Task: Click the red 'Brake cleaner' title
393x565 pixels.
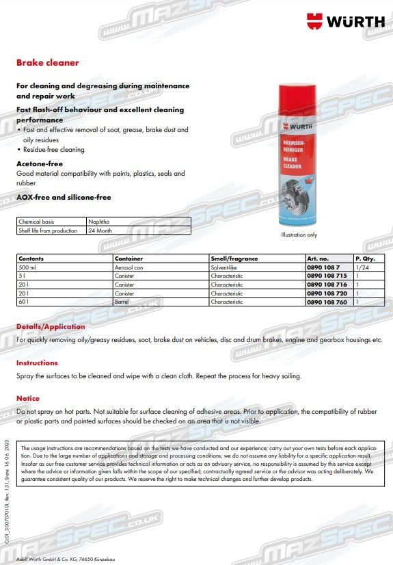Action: pyautogui.click(x=47, y=63)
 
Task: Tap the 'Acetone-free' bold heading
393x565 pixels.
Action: pyautogui.click(x=40, y=164)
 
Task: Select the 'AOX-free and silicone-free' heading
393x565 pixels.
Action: pyautogui.click(x=64, y=197)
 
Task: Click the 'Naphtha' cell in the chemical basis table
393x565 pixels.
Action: pyautogui.click(x=98, y=222)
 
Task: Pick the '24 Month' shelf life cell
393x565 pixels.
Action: pyautogui.click(x=100, y=231)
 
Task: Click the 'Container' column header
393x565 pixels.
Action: pyautogui.click(x=129, y=259)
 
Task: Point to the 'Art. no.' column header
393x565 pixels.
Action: pyautogui.click(x=318, y=259)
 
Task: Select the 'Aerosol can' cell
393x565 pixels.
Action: pyautogui.click(x=129, y=267)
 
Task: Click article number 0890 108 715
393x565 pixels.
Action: pyautogui.click(x=327, y=276)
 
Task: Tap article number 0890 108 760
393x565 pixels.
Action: pyautogui.click(x=327, y=301)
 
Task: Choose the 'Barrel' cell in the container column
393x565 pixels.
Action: pyautogui.click(x=124, y=301)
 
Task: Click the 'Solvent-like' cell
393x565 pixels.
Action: pyautogui.click(x=226, y=267)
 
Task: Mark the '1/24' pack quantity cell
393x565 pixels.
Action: pyautogui.click(x=362, y=267)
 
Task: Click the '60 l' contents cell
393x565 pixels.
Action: pyautogui.click(x=23, y=301)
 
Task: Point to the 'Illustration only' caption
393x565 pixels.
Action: pyautogui.click(x=299, y=235)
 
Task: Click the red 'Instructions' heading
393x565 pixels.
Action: pyautogui.click(x=37, y=363)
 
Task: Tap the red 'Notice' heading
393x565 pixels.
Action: pyautogui.click(x=28, y=398)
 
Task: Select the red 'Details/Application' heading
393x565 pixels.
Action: pyautogui.click(x=51, y=327)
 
